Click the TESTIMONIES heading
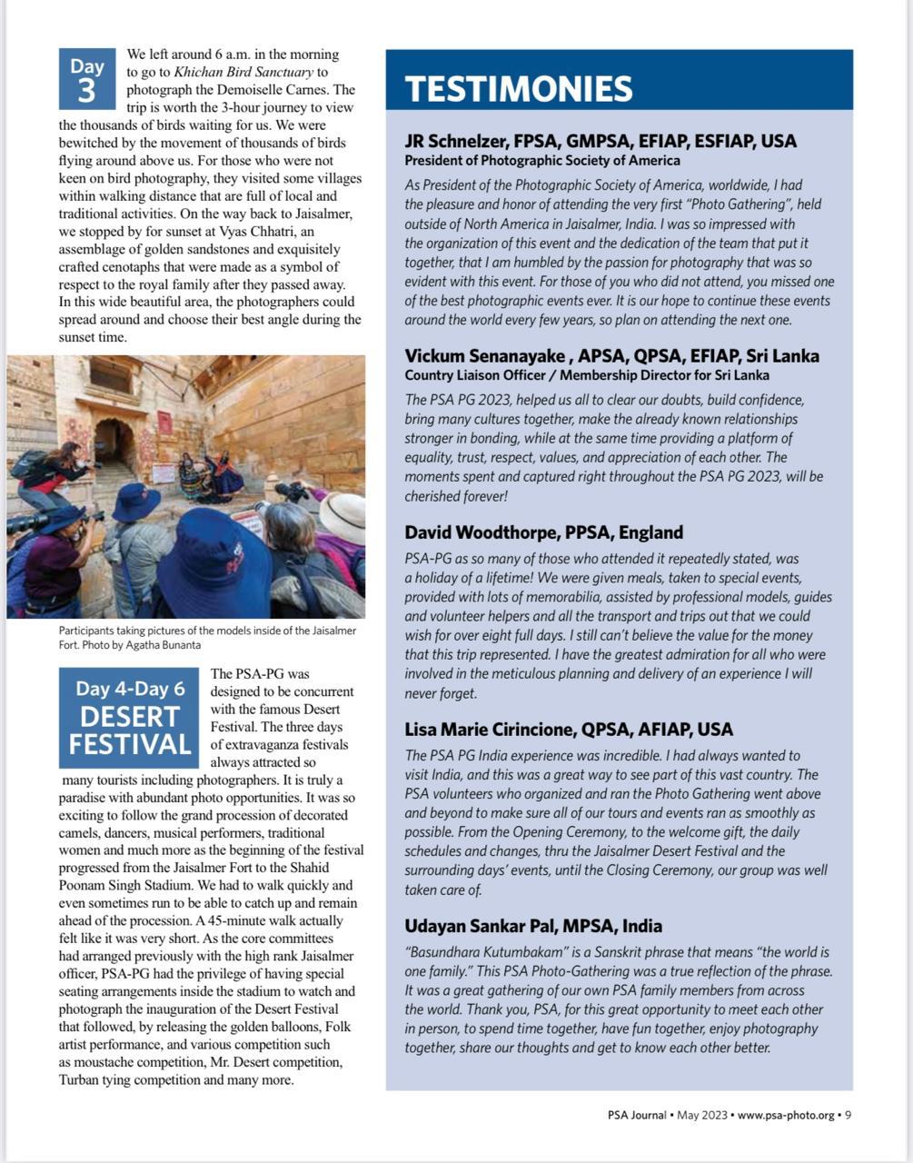(x=518, y=89)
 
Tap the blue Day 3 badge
(x=87, y=78)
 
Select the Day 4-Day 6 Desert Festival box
(x=129, y=718)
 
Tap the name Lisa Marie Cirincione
(x=491, y=729)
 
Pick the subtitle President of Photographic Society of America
(x=541, y=161)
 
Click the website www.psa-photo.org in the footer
(x=785, y=1115)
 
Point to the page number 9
(x=848, y=1115)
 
